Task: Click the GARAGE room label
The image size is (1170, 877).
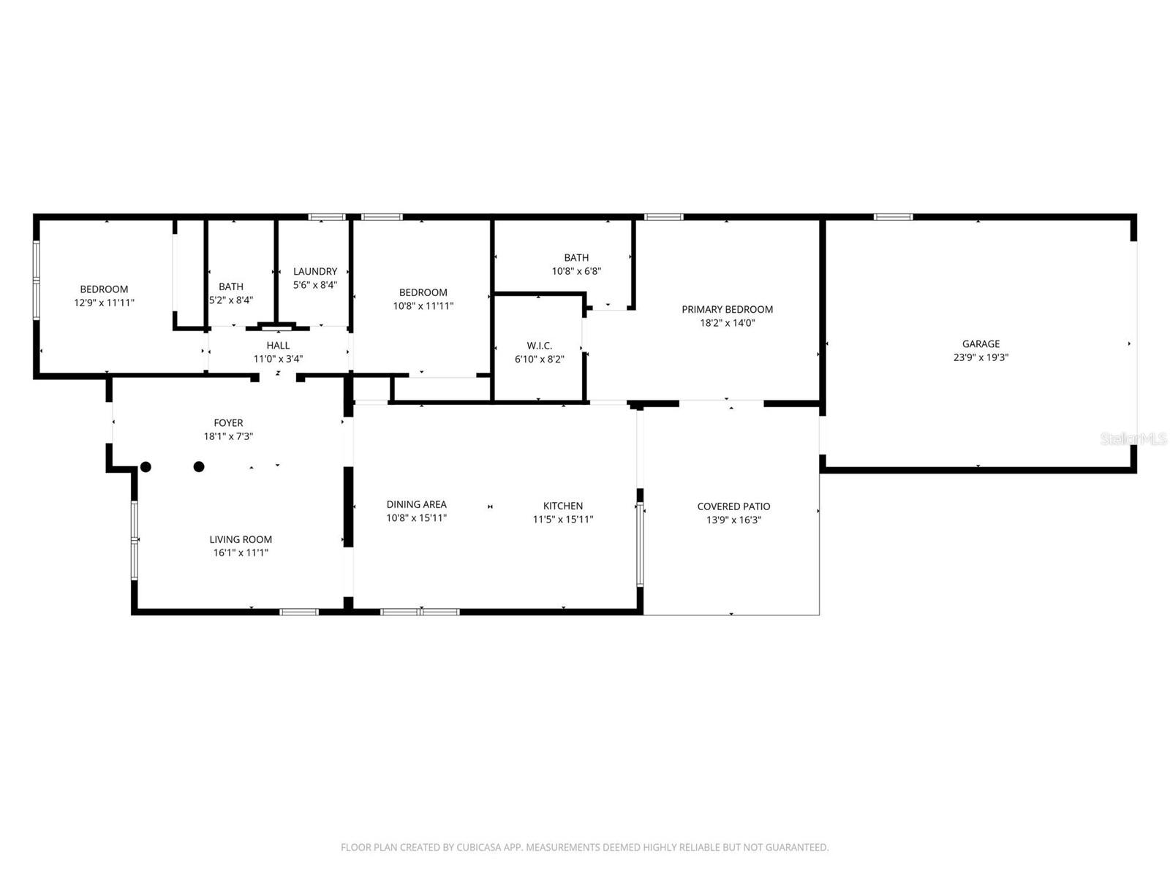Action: coord(981,344)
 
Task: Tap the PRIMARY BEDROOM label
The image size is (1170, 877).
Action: coord(727,309)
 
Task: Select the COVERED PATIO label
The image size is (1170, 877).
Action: coord(733,506)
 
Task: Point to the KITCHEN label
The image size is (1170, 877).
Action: coord(563,506)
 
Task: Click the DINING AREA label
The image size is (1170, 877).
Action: coord(416,504)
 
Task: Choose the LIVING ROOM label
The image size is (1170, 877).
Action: coord(241,539)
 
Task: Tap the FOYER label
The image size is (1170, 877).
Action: coord(228,423)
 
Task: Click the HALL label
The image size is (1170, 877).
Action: coord(279,346)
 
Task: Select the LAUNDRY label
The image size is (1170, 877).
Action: coord(315,272)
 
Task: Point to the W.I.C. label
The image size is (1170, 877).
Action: coord(540,346)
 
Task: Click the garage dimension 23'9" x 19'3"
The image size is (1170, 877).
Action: coord(981,357)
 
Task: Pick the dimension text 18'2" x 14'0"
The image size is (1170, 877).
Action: coord(727,323)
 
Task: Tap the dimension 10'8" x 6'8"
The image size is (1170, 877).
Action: coord(576,271)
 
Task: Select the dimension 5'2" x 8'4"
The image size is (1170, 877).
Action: coord(231,300)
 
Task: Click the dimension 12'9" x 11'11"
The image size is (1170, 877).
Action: coord(104,303)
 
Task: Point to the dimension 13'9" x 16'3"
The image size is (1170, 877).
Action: coord(733,520)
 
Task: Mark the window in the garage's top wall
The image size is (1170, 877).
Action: coord(893,217)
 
